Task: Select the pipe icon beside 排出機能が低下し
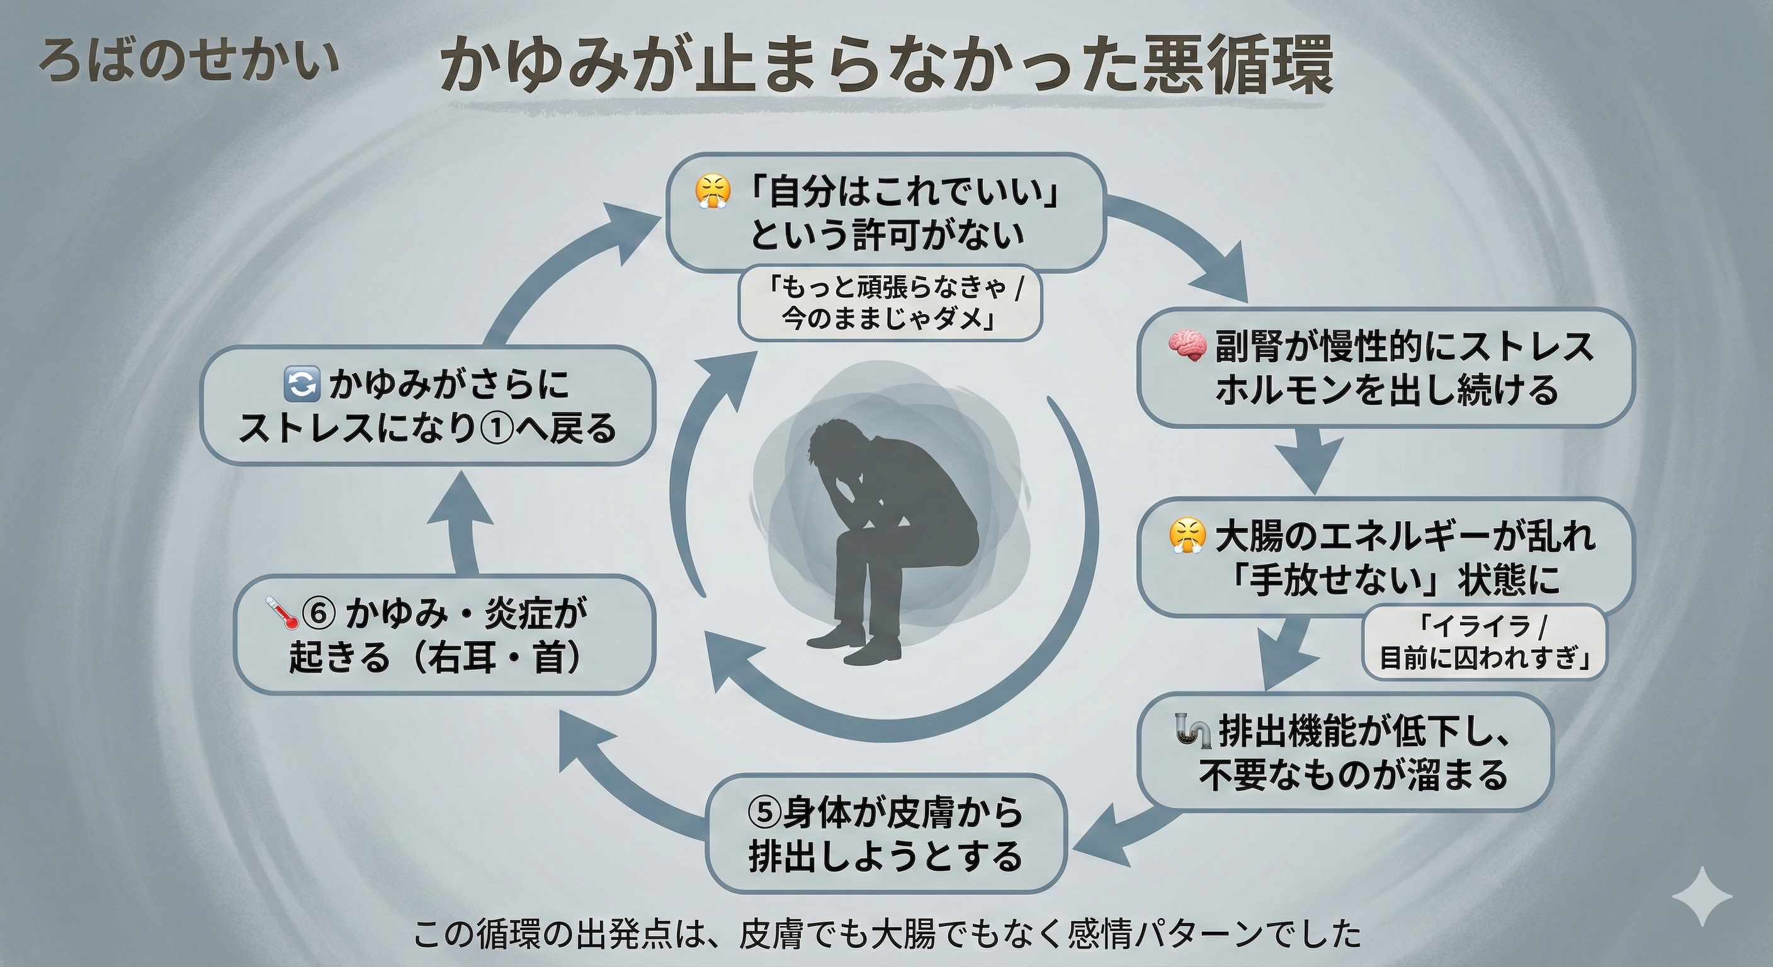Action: pos(1192,730)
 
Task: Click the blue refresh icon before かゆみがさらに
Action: pos(302,384)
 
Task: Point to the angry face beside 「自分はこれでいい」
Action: pos(711,192)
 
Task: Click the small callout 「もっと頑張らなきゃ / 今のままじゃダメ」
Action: pos(889,303)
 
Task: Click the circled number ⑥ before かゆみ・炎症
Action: pos(319,613)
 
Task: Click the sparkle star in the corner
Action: pos(1701,896)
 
